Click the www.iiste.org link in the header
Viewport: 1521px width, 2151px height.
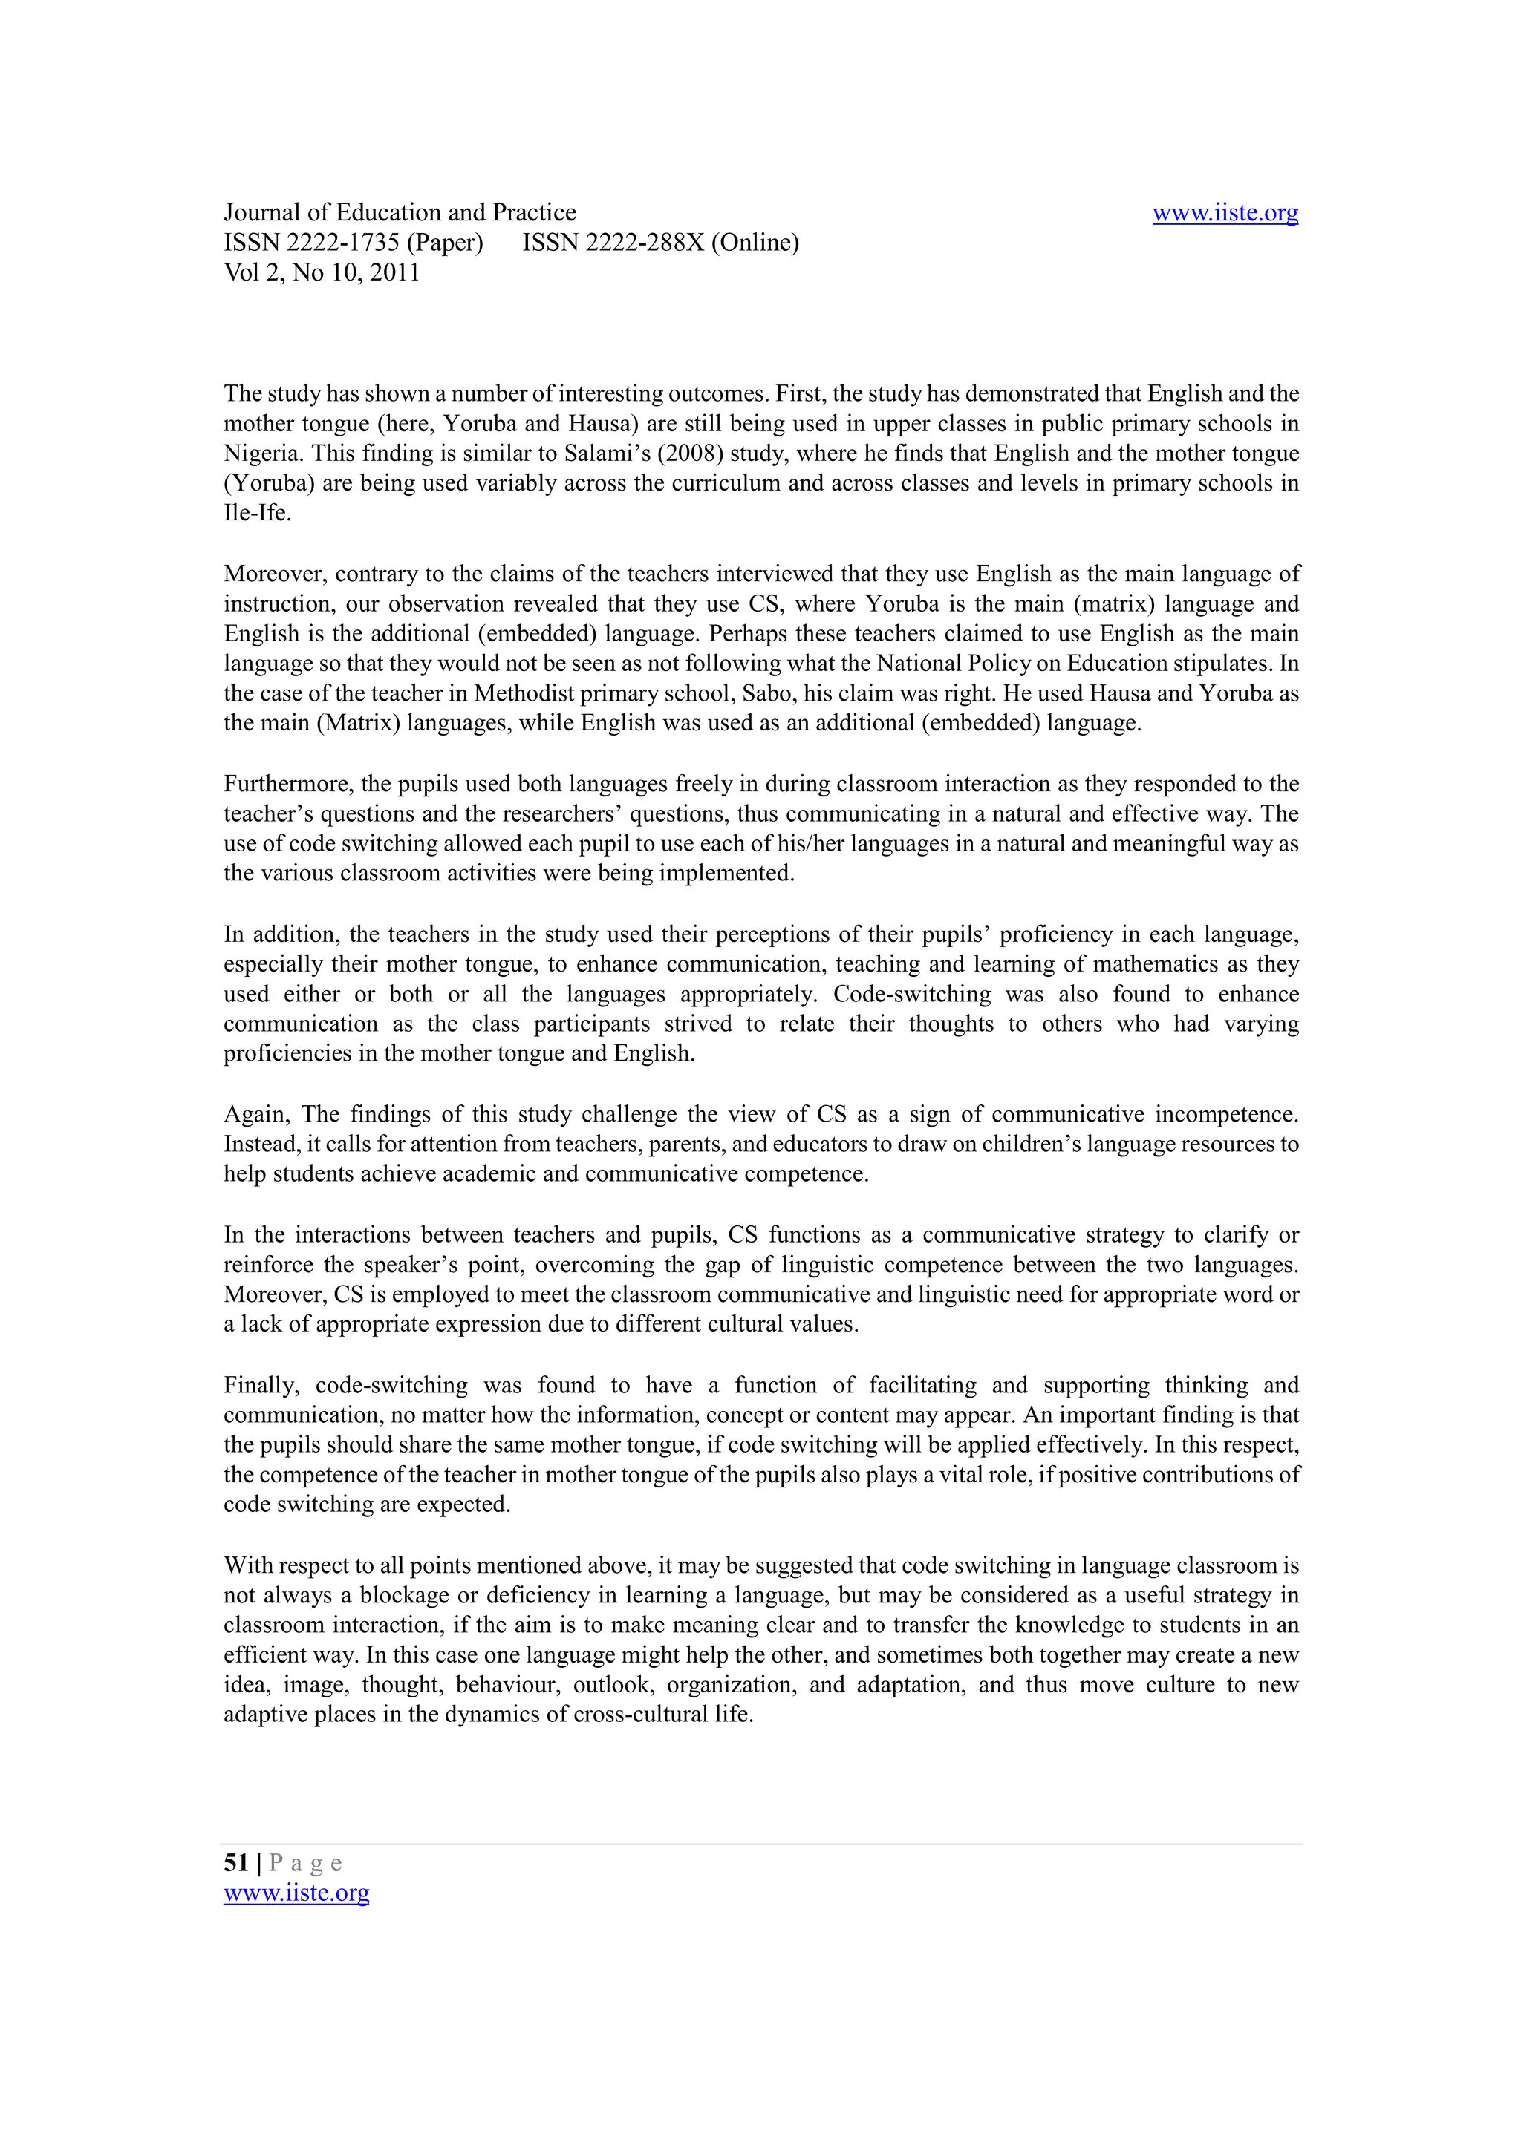pyautogui.click(x=1224, y=214)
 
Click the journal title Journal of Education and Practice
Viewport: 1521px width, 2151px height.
pyautogui.click(x=400, y=213)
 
